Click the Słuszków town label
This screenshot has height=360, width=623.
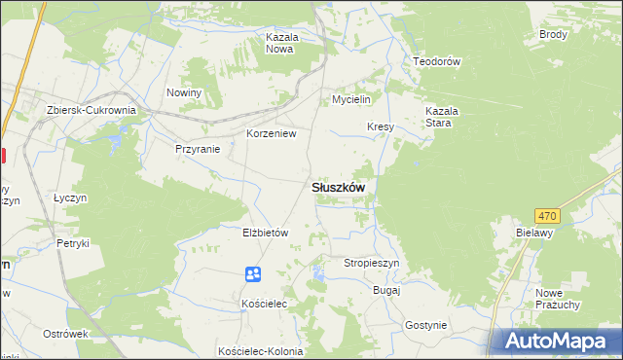point(338,188)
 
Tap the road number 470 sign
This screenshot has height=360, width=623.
point(547,216)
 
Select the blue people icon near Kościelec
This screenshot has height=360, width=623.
point(253,275)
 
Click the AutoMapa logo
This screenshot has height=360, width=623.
point(558,341)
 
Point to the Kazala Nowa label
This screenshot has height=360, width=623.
point(280,43)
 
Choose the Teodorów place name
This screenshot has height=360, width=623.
point(436,60)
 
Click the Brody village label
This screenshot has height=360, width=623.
point(553,34)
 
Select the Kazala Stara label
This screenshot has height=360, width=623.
point(441,118)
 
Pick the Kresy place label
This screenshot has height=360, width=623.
point(380,126)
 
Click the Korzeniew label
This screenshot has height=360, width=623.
point(272,133)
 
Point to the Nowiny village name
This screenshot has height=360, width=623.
point(183,92)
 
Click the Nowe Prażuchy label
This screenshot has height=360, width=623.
point(558,298)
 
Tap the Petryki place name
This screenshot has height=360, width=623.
point(73,243)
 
